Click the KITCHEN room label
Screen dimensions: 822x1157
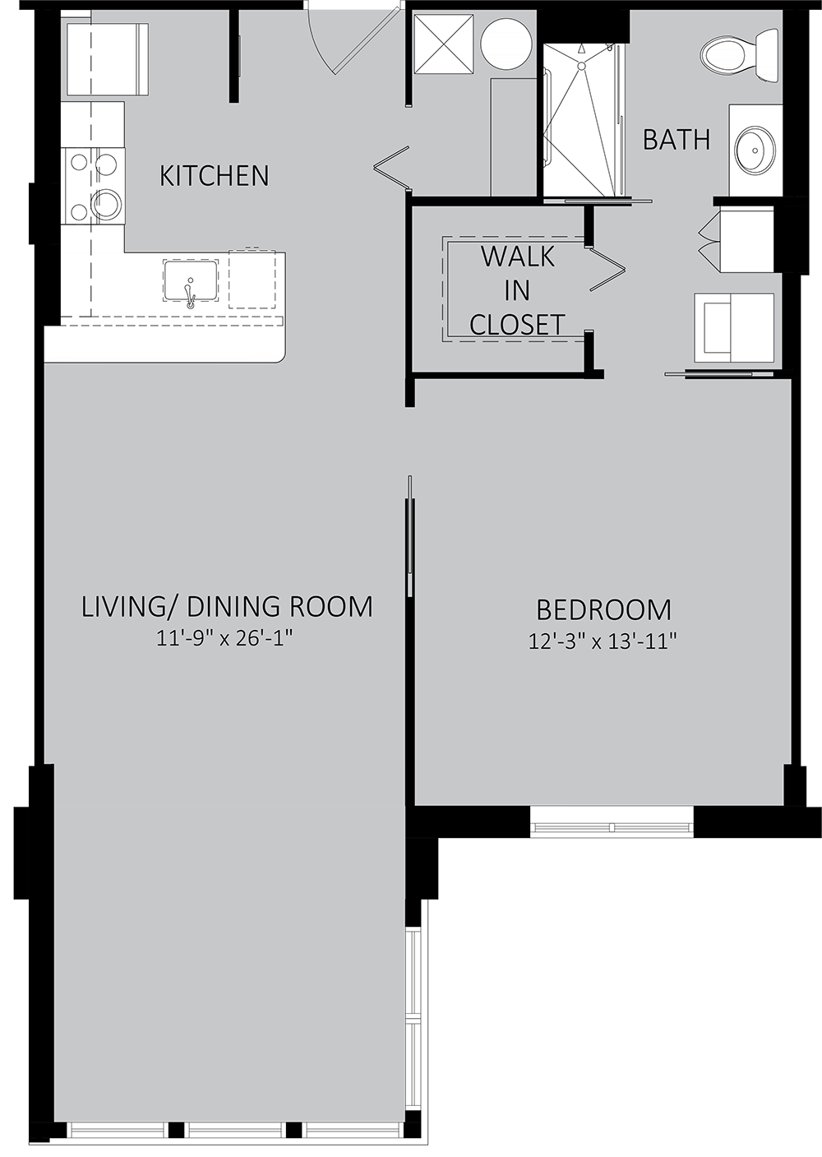[215, 176]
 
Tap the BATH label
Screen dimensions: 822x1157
[677, 140]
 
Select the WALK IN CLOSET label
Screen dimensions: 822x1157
[517, 291]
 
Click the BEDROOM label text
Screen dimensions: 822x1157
[603, 610]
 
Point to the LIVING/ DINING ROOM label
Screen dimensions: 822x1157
[227, 606]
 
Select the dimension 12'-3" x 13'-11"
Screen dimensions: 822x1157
[603, 642]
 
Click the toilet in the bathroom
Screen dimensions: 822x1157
[739, 55]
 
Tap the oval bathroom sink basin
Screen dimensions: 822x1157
[755, 150]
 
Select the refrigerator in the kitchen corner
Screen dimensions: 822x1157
[105, 59]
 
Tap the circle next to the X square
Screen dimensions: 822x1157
[506, 44]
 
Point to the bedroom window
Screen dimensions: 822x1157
[612, 827]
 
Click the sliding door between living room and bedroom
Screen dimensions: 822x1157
[409, 537]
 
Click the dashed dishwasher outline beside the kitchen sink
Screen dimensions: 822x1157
[252, 279]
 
